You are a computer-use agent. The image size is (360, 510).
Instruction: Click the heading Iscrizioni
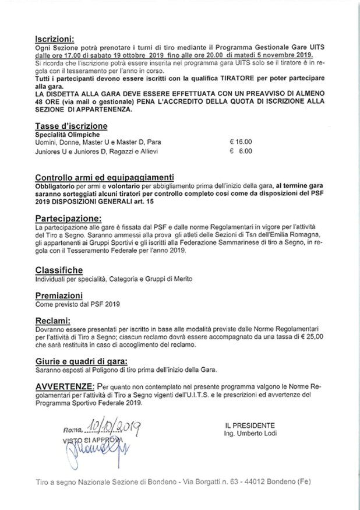[54, 35]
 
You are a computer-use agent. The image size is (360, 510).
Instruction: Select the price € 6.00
[241, 150]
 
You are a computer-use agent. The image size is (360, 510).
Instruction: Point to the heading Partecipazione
[68, 216]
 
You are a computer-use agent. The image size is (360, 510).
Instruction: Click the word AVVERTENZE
[64, 387]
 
